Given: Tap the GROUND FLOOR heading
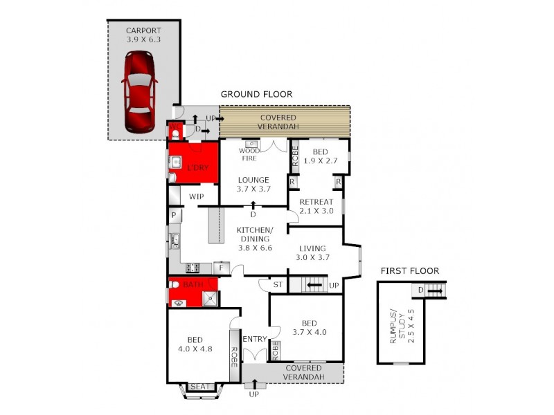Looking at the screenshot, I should (x=256, y=94).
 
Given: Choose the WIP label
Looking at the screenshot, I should (x=196, y=197).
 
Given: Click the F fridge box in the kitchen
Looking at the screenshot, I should (x=222, y=267).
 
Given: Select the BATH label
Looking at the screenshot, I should (x=193, y=284).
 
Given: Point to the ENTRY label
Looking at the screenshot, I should (x=254, y=338).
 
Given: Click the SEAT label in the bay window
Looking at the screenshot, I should (x=199, y=387).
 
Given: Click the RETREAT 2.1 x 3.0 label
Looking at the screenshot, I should (x=316, y=207).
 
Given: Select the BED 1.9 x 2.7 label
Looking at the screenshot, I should (x=319, y=156).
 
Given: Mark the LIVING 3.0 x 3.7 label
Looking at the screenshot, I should (x=314, y=252).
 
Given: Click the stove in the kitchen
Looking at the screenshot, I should (x=193, y=267).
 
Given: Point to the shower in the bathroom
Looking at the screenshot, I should (x=209, y=299).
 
